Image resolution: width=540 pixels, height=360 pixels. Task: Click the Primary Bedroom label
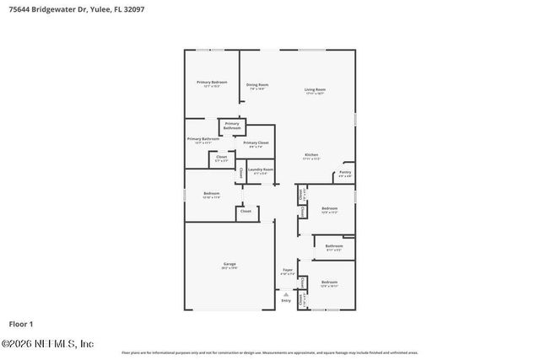pyautogui.click(x=211, y=83)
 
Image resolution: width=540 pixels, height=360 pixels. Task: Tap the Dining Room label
pyautogui.click(x=257, y=85)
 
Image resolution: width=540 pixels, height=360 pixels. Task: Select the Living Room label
pyautogui.click(x=315, y=89)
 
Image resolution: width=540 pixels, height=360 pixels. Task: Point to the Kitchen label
pyautogui.click(x=311, y=155)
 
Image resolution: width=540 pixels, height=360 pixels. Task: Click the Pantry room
pyautogui.click(x=345, y=173)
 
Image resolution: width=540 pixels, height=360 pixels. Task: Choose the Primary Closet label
pyautogui.click(x=256, y=143)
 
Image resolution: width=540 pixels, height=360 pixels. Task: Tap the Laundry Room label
pyautogui.click(x=260, y=170)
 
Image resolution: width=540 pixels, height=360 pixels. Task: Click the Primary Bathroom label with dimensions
pyautogui.click(x=203, y=140)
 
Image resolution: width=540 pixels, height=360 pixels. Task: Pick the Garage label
pyautogui.click(x=229, y=265)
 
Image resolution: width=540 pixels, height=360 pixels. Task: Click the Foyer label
pyautogui.click(x=288, y=271)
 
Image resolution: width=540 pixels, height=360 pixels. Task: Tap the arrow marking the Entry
pyautogui.click(x=286, y=293)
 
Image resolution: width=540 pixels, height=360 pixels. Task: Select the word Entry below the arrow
pyautogui.click(x=286, y=300)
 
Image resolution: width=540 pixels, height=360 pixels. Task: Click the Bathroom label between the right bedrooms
pyautogui.click(x=334, y=247)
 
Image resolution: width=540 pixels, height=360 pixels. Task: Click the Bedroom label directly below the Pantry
pyautogui.click(x=329, y=209)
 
